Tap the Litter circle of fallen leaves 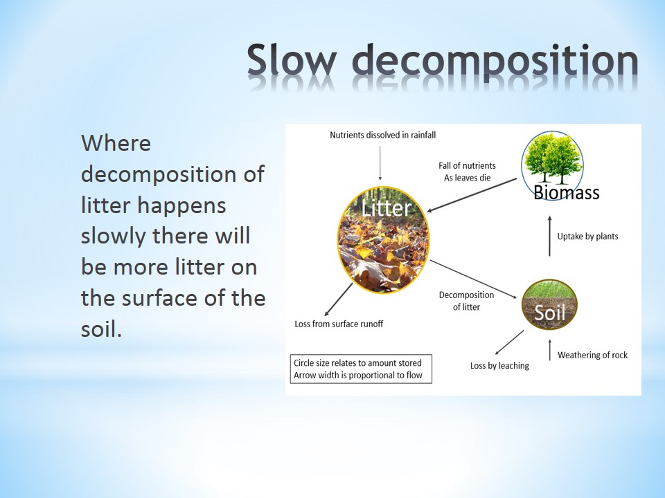[383, 240]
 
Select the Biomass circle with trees [552, 165]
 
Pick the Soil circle [549, 304]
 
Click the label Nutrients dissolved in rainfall [382, 135]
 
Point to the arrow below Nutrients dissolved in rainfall [380, 163]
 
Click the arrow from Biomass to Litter [472, 195]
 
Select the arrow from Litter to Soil [474, 279]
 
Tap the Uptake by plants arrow [549, 236]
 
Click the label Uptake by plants [587, 237]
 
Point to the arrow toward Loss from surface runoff [339, 299]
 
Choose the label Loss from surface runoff [339, 324]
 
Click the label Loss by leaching [499, 365]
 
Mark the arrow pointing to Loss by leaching [509, 342]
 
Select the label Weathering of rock [592, 355]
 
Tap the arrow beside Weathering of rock [549, 350]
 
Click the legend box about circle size [361, 369]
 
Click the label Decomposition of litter [466, 301]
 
